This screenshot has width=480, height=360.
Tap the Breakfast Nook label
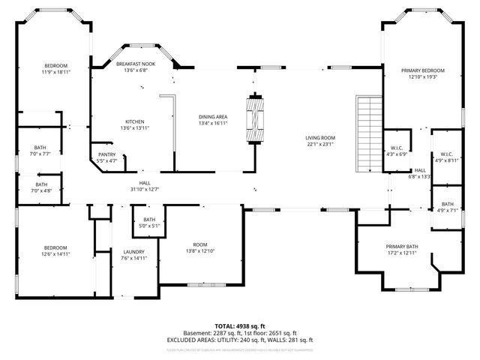(x=135, y=65)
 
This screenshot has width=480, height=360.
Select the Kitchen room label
(x=135, y=121)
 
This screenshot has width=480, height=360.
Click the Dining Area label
(x=213, y=117)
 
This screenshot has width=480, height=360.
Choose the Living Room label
(x=319, y=138)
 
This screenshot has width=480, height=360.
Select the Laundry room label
(x=134, y=252)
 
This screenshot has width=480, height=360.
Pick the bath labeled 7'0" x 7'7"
(x=40, y=154)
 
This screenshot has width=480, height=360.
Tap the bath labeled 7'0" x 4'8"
(x=40, y=190)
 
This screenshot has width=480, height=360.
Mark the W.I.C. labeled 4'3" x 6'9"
(x=397, y=154)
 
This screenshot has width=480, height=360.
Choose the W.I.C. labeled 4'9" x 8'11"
(x=446, y=160)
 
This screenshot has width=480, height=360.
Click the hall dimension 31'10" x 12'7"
(x=145, y=188)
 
